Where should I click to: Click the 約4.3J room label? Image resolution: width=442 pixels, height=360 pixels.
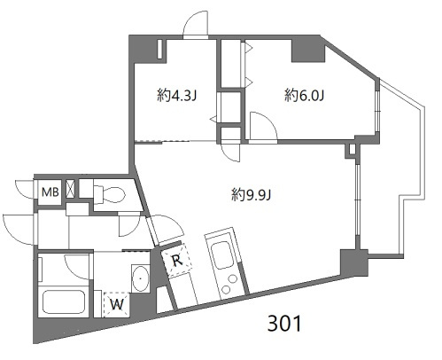[x=176, y=96]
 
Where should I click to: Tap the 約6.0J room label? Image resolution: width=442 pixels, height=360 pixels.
[x=305, y=96]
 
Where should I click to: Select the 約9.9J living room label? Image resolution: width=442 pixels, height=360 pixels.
[x=251, y=195]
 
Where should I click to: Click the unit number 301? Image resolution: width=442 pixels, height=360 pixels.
[x=284, y=324]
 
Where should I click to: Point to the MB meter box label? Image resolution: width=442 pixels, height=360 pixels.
[x=50, y=192]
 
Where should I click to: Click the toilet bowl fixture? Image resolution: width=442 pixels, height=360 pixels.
[x=110, y=194]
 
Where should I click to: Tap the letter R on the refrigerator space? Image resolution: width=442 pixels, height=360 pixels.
[x=176, y=261]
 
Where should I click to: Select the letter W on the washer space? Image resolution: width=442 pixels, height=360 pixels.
[x=117, y=304]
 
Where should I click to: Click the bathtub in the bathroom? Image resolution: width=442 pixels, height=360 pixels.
[x=64, y=302]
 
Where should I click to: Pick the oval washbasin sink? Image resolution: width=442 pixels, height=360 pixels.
[x=141, y=278]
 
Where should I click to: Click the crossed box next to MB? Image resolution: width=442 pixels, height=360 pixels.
[x=71, y=188]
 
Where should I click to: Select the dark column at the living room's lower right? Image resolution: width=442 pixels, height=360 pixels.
[x=353, y=262]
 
